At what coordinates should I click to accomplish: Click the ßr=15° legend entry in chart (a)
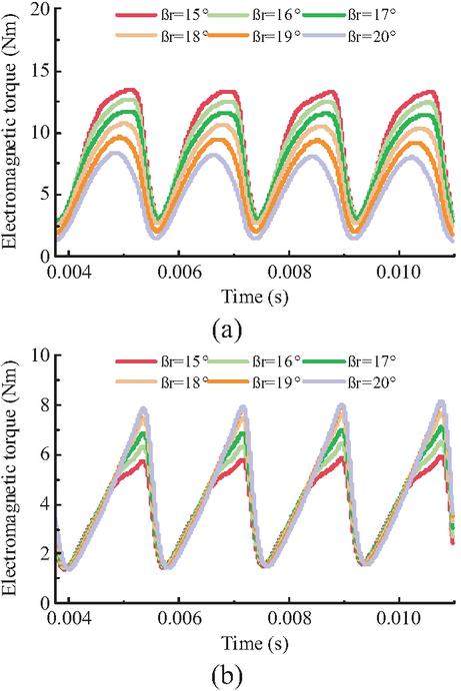(162, 15)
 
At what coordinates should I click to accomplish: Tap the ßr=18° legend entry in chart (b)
(162, 381)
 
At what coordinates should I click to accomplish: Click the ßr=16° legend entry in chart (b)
(255, 360)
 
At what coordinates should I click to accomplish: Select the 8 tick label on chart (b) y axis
(44, 404)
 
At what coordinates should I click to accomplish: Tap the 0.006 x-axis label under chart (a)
(179, 272)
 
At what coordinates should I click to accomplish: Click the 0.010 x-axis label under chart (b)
(399, 619)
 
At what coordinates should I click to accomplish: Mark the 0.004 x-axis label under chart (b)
(69, 619)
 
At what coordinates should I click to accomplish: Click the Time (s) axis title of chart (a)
(255, 297)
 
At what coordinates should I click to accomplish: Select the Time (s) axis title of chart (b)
(255, 643)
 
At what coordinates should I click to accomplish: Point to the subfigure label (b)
(227, 674)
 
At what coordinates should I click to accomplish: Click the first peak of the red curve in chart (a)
(130, 90)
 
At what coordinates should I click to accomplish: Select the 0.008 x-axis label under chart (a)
(289, 272)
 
